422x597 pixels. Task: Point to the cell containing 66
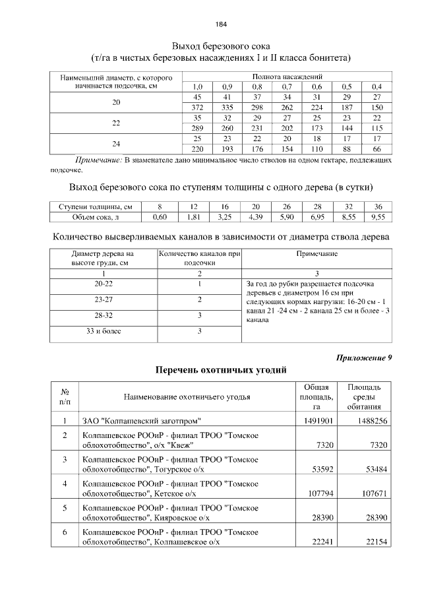377,149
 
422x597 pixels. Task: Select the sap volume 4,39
256,216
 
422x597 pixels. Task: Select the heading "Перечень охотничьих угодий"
221,369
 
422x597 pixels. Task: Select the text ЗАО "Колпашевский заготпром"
141,420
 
